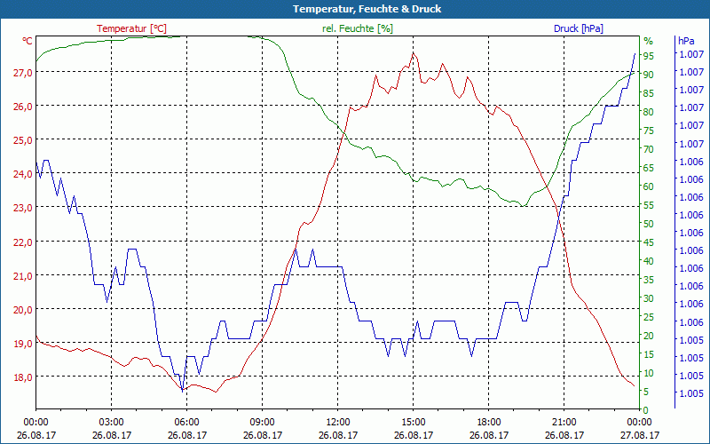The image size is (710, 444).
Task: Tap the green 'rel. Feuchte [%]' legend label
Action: coord(357,28)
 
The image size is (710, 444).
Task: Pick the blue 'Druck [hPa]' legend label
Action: coord(578,28)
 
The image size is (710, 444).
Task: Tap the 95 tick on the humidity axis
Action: coord(649,56)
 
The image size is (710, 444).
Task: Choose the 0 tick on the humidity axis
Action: coord(646,410)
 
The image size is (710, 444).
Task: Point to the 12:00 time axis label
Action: coord(337,422)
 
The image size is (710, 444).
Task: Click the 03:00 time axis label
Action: coord(111,422)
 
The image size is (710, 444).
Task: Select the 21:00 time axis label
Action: coord(564,422)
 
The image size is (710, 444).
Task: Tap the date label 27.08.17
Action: coord(639,435)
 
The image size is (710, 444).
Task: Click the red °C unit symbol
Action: coord(28,41)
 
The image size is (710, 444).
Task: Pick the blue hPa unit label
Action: coord(686,41)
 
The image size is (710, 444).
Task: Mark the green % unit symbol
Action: coord(648,41)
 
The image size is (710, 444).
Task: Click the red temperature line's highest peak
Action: coord(413,53)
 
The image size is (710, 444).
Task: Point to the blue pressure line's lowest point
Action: coord(182,390)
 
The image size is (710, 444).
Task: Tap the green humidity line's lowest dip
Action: coord(524,205)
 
